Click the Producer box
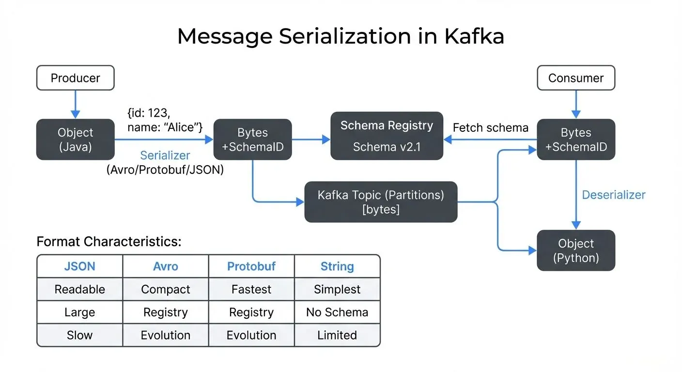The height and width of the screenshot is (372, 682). click(x=76, y=78)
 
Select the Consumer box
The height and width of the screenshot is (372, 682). click(x=576, y=78)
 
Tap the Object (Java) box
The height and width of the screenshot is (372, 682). click(x=76, y=139)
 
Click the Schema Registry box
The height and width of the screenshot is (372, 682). click(x=387, y=136)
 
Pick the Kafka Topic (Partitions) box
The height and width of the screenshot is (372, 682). click(x=381, y=202)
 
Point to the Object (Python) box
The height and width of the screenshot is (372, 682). click(x=576, y=250)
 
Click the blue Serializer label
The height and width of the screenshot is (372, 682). click(x=165, y=155)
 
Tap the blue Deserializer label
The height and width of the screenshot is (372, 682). click(x=613, y=195)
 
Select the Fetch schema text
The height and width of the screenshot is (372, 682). click(x=490, y=128)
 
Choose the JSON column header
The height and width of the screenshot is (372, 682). click(x=80, y=266)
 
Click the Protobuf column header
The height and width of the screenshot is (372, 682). click(x=251, y=266)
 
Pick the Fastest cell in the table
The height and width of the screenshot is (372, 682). click(x=251, y=289)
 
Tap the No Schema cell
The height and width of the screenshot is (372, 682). click(x=337, y=312)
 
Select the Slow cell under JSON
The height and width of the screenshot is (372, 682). click(x=80, y=335)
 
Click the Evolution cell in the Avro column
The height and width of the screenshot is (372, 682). click(x=166, y=335)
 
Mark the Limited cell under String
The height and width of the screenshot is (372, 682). click(x=337, y=335)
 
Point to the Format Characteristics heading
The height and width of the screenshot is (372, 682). click(x=108, y=242)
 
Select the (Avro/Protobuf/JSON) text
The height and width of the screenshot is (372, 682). click(x=165, y=170)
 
